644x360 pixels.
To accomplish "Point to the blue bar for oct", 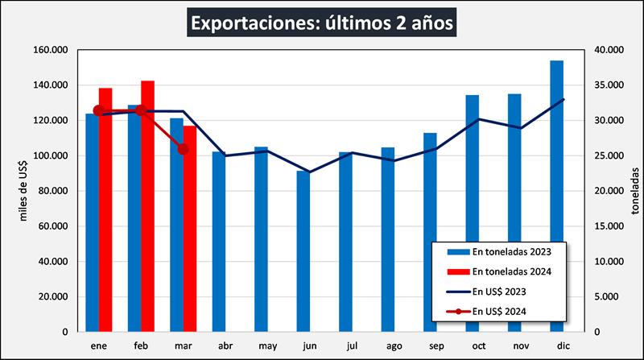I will point(472,213).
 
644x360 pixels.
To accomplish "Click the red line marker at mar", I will point(183,149).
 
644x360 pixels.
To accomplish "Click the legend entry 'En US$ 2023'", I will point(498,291).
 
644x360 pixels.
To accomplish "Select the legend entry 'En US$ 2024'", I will point(498,311).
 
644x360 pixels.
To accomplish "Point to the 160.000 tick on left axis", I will point(50,50).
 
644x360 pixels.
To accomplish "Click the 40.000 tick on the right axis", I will point(607,50).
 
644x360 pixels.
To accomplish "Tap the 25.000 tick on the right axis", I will point(607,155).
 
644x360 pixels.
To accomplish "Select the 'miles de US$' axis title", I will point(23,191).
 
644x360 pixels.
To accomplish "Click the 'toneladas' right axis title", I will point(635,191).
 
